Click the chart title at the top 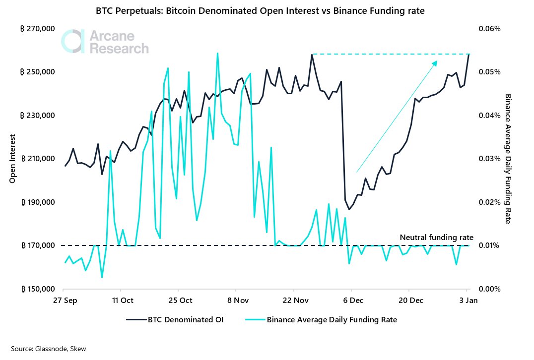pyautogui.click(x=260, y=11)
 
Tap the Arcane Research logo pyautogui.click(x=105, y=42)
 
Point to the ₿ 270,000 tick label pyautogui.click(x=37, y=29)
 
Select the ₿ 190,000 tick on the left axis pyautogui.click(x=37, y=202)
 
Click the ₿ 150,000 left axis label pyautogui.click(x=37, y=289)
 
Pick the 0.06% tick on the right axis pyautogui.click(x=490, y=29)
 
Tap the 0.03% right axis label pyautogui.click(x=490, y=159)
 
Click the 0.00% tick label pyautogui.click(x=490, y=289)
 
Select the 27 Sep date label pyautogui.click(x=65, y=300)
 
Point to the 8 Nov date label pyautogui.click(x=238, y=300)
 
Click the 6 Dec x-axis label pyautogui.click(x=353, y=300)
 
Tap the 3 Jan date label pyautogui.click(x=468, y=300)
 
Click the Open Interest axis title pyautogui.click(x=12, y=159)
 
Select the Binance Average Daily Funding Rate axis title pyautogui.click(x=508, y=159)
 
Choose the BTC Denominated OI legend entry pyautogui.click(x=175, y=320)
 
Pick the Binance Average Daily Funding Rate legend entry pyautogui.click(x=321, y=320)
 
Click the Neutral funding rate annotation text pyautogui.click(x=436, y=237)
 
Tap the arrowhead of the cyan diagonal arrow pyautogui.click(x=435, y=62)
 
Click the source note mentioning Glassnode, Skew pyautogui.click(x=48, y=349)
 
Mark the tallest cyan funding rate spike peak pyautogui.click(x=217, y=53)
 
